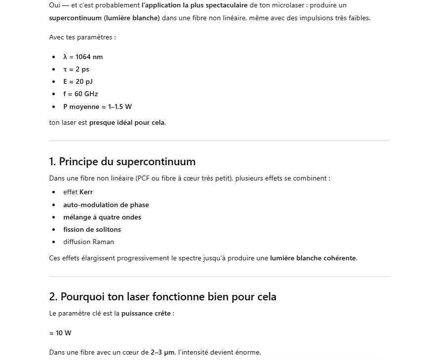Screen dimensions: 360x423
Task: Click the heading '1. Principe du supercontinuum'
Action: tap(122, 162)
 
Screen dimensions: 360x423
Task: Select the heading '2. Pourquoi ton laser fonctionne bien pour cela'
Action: tap(162, 297)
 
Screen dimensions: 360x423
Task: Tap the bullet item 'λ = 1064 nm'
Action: tap(83, 57)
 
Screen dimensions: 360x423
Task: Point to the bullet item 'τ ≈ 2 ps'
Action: tap(76, 69)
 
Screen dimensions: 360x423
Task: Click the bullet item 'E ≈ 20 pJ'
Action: tap(77, 81)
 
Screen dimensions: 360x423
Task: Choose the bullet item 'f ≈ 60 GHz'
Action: tap(80, 94)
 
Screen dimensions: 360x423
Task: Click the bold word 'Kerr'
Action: tap(86, 192)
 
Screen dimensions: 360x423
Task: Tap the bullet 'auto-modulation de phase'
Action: tap(106, 205)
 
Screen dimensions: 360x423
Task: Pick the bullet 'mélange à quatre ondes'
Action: tap(102, 217)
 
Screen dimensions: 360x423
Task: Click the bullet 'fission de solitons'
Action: tap(92, 229)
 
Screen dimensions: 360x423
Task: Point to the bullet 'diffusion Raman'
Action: tap(88, 242)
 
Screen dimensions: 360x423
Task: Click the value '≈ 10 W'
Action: tap(60, 333)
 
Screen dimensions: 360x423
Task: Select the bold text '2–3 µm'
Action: tap(162, 352)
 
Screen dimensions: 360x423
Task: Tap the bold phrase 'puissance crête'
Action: tap(146, 314)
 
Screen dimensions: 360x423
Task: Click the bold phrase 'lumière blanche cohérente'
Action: tap(313, 258)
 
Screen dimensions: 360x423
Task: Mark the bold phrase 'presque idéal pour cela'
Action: tap(127, 122)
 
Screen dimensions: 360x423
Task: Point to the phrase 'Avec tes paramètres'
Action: tap(81, 37)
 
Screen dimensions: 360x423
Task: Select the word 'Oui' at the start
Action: tap(55, 5)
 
